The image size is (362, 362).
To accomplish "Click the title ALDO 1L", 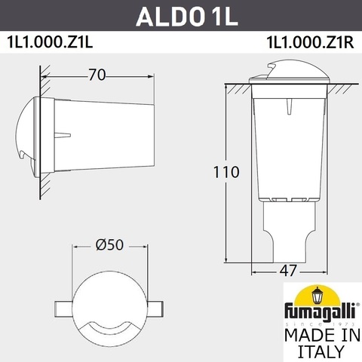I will (181, 15).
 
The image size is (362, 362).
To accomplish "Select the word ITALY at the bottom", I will (316, 351).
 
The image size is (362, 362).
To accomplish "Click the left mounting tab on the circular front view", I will (63, 310).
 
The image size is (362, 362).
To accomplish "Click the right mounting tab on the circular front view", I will (156, 310).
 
